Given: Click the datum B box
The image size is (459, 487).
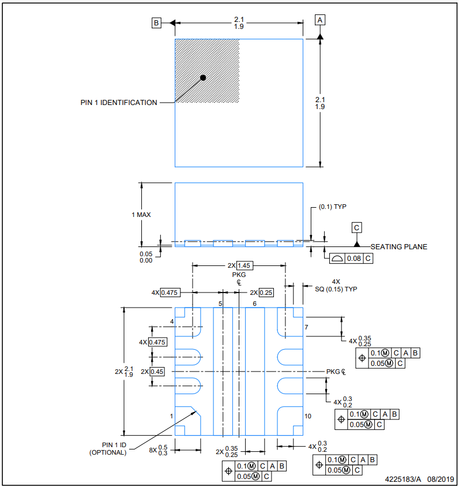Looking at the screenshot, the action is pos(156,23).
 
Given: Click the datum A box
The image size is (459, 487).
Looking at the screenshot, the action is pos(320,20).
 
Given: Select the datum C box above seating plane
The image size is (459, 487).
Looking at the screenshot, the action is pos(356,227).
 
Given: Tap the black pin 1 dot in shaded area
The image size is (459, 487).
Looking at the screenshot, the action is pos(203,78).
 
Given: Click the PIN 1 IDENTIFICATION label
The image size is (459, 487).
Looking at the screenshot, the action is pos(119,103).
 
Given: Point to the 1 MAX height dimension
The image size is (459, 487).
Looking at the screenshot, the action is pos(141,215).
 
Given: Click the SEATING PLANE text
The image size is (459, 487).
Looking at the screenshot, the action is pos(399,246).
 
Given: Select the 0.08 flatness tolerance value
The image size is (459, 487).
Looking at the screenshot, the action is pos(354,259).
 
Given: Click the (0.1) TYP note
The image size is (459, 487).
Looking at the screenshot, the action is pos(332,207).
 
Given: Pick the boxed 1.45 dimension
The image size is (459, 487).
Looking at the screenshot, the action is pos(244,265).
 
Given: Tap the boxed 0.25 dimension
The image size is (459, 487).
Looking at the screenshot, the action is pos(266,293).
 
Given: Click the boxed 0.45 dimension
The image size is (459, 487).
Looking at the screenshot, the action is pos(157,372).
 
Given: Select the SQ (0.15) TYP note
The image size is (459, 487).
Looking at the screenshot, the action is pos(336,289).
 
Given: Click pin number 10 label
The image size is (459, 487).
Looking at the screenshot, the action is pos(308,416).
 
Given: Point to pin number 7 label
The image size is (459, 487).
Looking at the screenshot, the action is pos(306,327).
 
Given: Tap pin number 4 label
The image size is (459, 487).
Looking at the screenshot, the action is pos(172,321).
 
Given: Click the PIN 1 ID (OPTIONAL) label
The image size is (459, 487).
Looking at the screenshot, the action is pos(108,449).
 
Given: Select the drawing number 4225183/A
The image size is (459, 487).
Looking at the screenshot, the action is pos(403,479).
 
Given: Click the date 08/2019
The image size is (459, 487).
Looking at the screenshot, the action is pos(441,479).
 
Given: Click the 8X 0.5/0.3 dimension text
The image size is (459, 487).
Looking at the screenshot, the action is pos(158,450).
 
